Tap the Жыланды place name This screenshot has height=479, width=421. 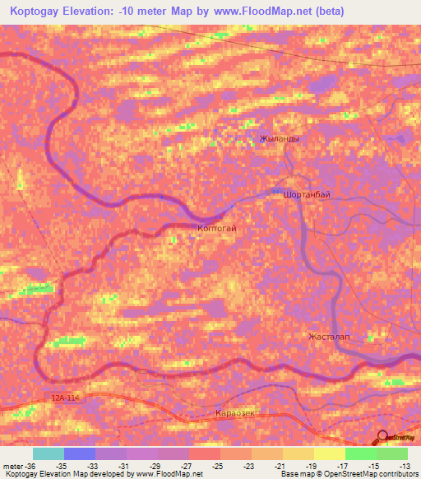tap(279, 138)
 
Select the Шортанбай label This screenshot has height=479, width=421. tap(306, 194)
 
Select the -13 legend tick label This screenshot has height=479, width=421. tap(407, 465)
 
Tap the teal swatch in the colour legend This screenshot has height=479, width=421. tap(49, 453)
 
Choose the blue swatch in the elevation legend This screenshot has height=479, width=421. tap(80, 453)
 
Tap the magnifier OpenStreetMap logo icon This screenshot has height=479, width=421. tap(382, 439)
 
